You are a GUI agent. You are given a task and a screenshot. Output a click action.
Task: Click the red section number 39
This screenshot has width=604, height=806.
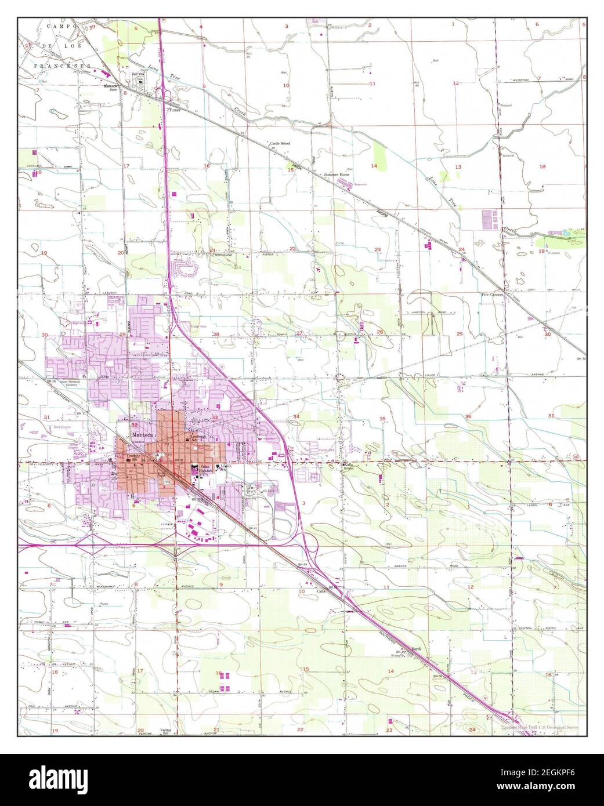pyautogui.click(x=92, y=27)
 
